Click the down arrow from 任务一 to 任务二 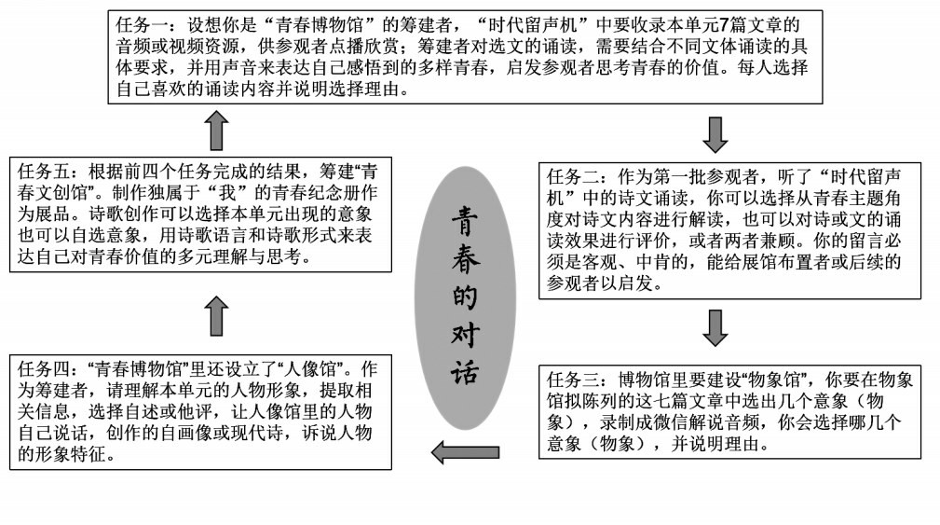pos(715,133)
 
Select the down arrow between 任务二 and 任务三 pos(715,327)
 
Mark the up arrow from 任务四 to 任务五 pos(216,317)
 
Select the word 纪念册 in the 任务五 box pos(305,195)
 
